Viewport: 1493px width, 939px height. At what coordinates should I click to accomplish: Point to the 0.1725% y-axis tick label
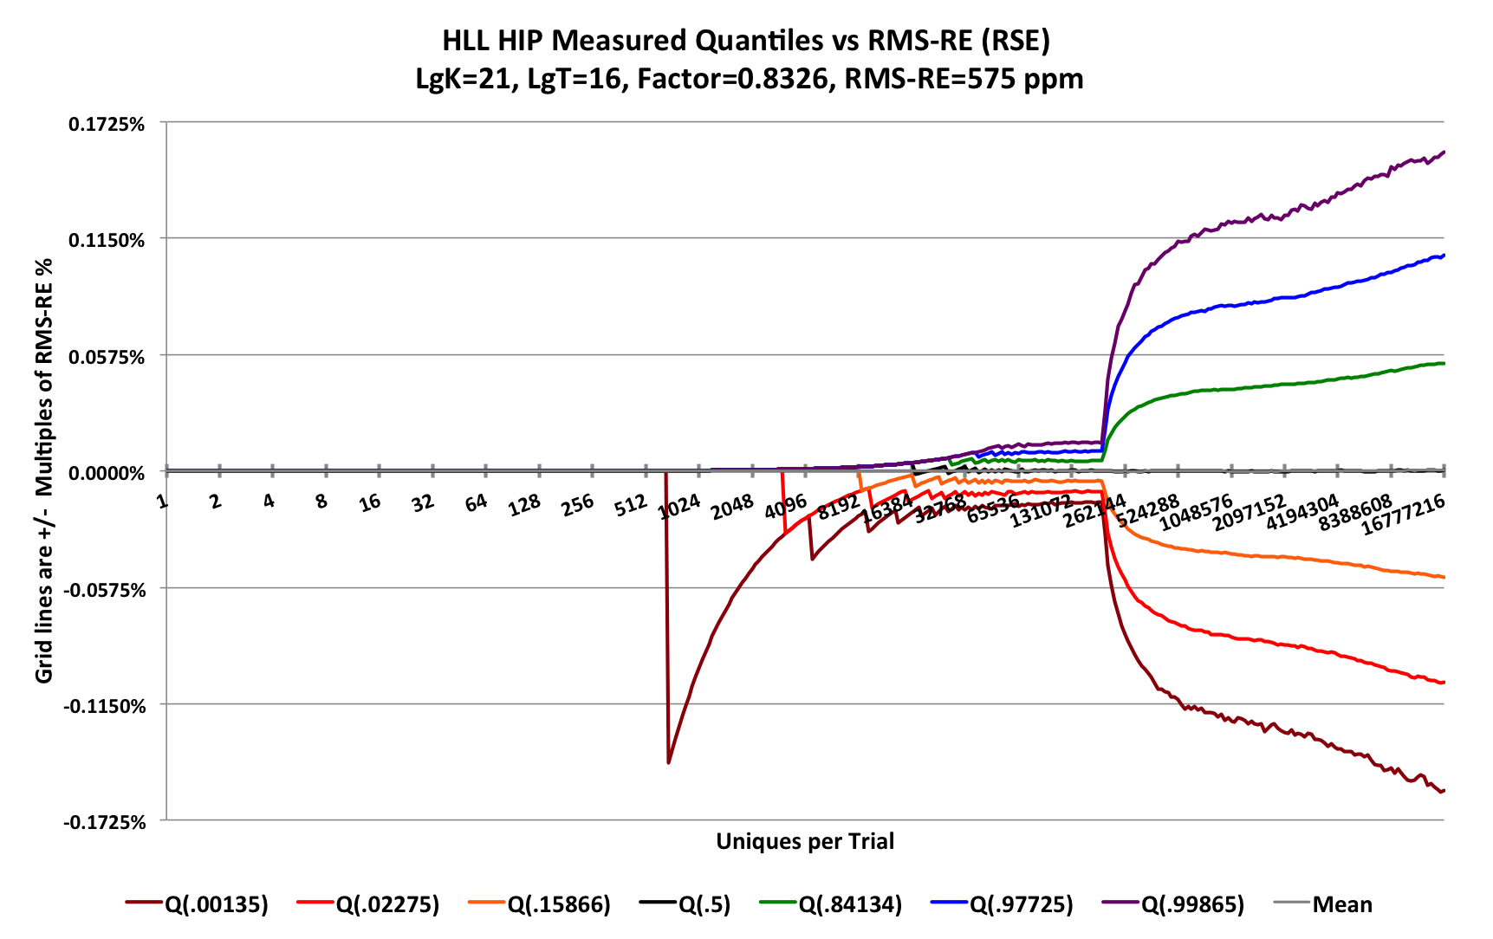(107, 125)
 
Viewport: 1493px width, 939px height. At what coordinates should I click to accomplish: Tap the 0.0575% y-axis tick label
(107, 357)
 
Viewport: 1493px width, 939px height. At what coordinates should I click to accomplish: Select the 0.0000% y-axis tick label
(107, 474)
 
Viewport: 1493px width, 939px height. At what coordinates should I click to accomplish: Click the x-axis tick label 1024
(679, 507)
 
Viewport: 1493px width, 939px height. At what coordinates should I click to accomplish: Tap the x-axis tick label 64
(476, 502)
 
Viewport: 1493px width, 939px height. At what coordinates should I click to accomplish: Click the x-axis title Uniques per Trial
(805, 842)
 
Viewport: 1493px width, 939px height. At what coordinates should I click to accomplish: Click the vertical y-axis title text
(44, 471)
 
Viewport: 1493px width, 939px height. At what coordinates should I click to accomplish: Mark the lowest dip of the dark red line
(668, 762)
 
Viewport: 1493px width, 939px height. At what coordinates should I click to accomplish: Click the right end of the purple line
(1444, 152)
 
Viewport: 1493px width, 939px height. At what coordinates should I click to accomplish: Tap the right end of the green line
(1444, 363)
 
